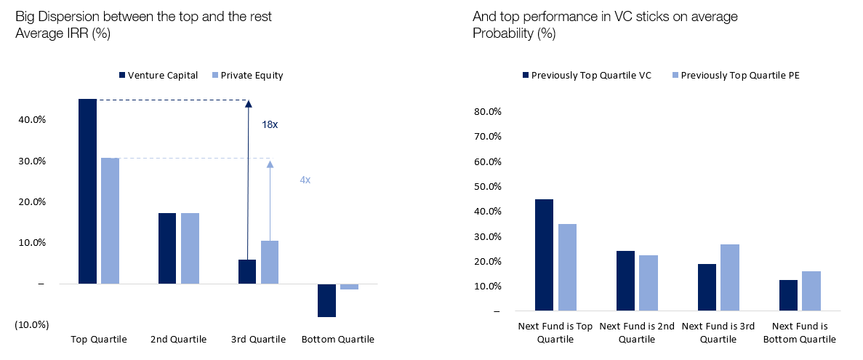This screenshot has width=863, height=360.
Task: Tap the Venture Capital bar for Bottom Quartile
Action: [x=326, y=300]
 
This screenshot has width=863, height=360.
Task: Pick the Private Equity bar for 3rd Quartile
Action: [x=269, y=262]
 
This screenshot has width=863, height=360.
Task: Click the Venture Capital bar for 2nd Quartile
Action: [x=167, y=248]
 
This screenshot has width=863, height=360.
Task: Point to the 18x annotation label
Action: [x=270, y=124]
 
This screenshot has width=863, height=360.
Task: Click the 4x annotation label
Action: [x=305, y=180]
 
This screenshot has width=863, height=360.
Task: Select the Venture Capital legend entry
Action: [x=158, y=75]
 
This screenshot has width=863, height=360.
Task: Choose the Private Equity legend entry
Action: [x=247, y=75]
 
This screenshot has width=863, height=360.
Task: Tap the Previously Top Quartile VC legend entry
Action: [x=586, y=75]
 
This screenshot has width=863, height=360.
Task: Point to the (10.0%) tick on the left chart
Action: [x=31, y=324]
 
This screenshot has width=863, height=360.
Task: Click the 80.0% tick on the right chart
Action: [x=486, y=112]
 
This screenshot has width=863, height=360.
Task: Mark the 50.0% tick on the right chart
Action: [x=486, y=187]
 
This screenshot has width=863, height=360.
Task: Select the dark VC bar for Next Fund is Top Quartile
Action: [x=544, y=255]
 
